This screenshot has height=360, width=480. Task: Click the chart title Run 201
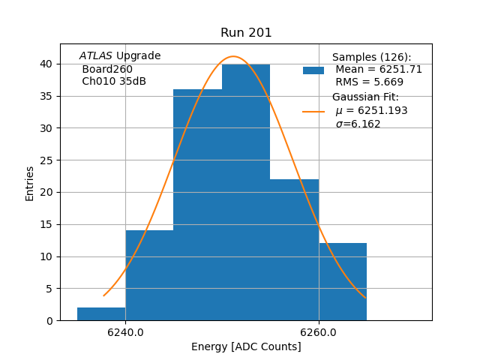click(x=246, y=33)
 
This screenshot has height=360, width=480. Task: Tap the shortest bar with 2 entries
click(x=101, y=313)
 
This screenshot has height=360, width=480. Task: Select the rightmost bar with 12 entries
click(x=343, y=282)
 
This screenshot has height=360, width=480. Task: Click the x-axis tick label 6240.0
click(x=125, y=332)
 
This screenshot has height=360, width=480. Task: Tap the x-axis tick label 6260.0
click(x=319, y=332)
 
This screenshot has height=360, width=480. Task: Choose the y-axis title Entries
click(x=30, y=183)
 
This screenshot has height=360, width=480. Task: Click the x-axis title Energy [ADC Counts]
click(x=246, y=346)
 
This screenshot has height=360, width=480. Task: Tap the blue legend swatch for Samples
click(x=313, y=70)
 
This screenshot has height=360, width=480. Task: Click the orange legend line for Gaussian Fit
click(x=313, y=111)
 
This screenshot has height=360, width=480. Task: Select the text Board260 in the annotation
click(x=107, y=69)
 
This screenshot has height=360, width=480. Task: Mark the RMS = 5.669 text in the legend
click(x=369, y=82)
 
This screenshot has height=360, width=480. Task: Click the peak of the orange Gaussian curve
click(x=233, y=57)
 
